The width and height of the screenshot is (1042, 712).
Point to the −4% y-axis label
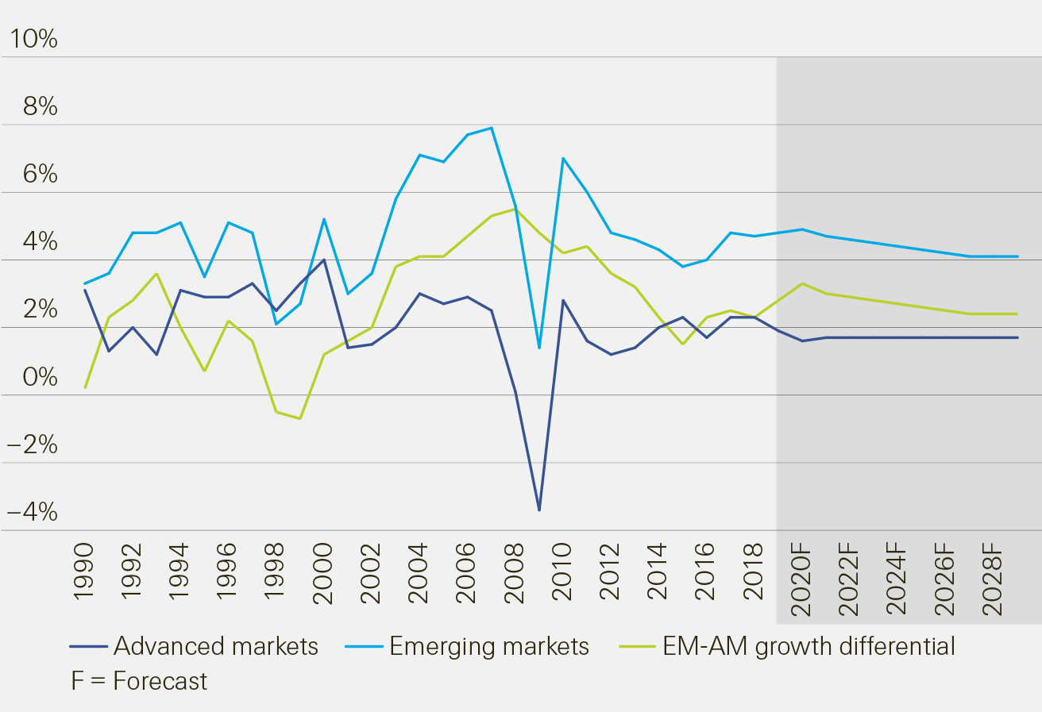[x=32, y=512]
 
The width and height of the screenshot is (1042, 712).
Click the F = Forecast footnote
[x=139, y=681]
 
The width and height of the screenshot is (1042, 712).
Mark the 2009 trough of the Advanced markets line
[x=539, y=510]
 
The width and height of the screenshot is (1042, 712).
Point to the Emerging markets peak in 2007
[x=492, y=128]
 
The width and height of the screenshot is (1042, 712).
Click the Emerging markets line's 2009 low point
[x=539, y=348]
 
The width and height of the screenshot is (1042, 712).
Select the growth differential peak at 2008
[x=515, y=209]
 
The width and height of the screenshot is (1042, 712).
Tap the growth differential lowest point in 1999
[x=299, y=418]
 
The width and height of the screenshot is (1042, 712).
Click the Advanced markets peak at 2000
[x=323, y=260]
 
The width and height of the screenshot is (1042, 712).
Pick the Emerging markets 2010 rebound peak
[x=563, y=159]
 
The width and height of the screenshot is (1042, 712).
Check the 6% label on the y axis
[x=40, y=174]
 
